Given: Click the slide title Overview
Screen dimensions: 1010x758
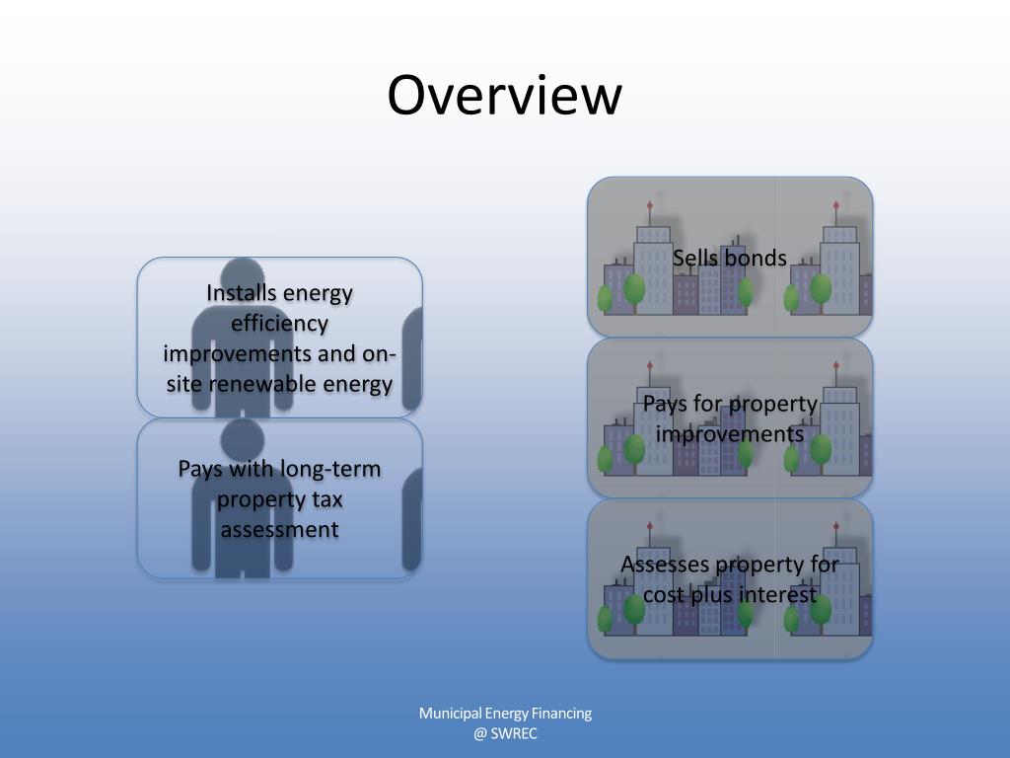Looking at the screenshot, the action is tap(504, 96).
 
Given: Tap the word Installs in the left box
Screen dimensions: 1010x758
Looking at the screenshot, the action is tap(242, 293).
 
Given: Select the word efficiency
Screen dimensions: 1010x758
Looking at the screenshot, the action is tap(279, 324).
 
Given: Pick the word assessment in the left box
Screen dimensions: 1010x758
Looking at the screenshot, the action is tap(279, 530).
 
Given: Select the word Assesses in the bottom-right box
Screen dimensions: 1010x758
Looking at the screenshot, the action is tap(664, 565).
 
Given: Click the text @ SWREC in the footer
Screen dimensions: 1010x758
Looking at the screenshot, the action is tap(505, 733).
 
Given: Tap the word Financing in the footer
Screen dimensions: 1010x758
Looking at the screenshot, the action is tap(561, 714).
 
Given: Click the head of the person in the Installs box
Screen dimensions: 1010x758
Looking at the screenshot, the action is tap(243, 279).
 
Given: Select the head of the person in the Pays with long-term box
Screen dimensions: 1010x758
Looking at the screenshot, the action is tap(243, 438).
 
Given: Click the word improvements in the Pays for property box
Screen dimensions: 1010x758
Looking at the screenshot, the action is tap(730, 434).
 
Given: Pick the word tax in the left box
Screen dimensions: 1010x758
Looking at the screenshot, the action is tap(327, 499).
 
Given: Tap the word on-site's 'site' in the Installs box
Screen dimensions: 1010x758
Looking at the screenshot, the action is tap(184, 384).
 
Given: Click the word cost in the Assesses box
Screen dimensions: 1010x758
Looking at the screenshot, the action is tap(666, 595).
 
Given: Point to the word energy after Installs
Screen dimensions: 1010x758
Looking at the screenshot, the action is tap(318, 293).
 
